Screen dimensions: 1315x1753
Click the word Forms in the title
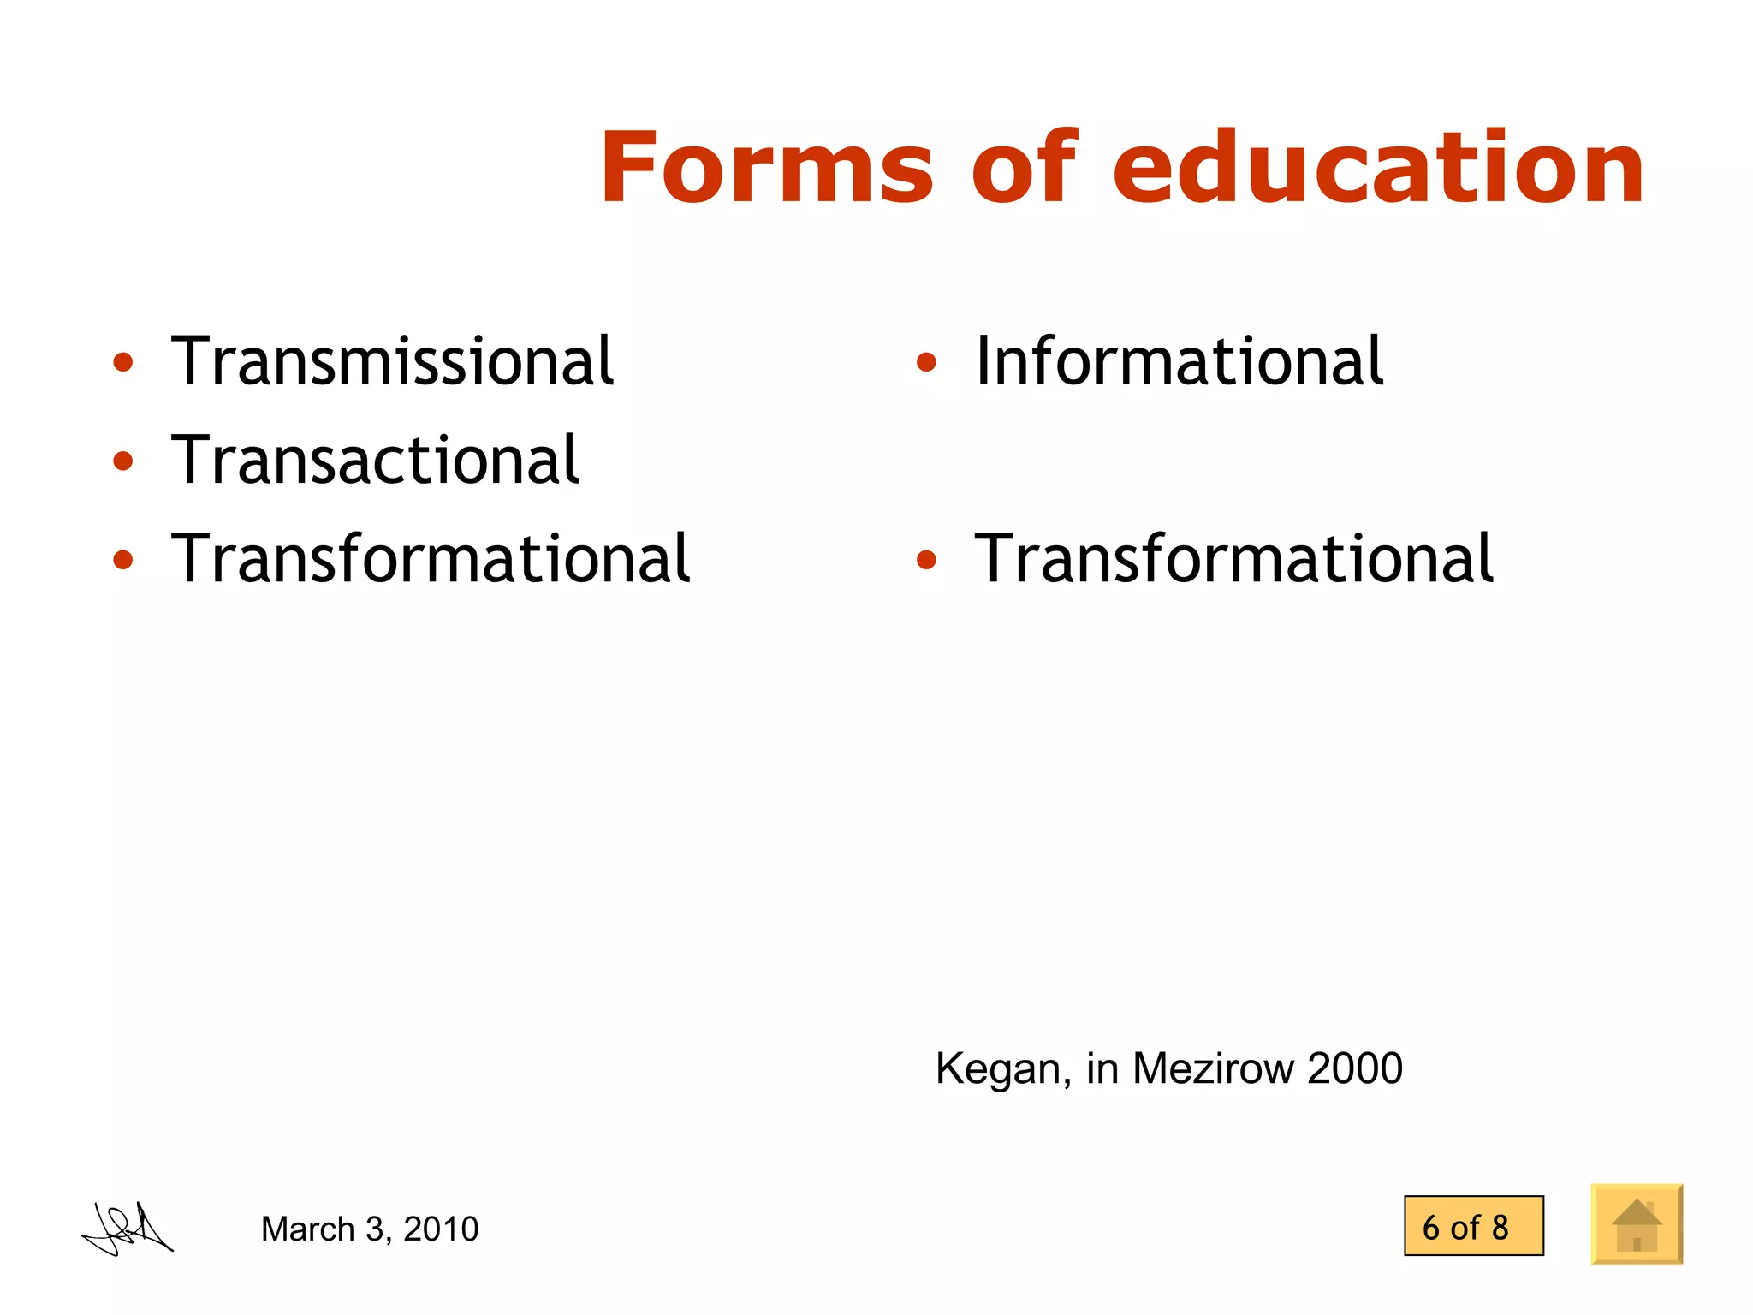click(x=766, y=168)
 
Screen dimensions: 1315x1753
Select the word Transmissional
click(x=392, y=361)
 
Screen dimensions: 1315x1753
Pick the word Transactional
click(x=375, y=460)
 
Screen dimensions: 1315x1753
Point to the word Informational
click(x=1179, y=361)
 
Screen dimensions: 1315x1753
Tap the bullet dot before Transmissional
click(x=123, y=363)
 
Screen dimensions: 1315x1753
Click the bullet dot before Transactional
click(x=123, y=461)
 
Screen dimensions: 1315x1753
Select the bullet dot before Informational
click(x=926, y=363)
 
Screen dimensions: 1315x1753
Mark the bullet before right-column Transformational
click(x=926, y=561)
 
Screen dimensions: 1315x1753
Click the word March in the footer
click(x=307, y=1229)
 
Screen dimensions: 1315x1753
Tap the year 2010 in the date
click(x=441, y=1229)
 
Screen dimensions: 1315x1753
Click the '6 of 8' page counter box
click(x=1473, y=1226)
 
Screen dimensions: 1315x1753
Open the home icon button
click(x=1637, y=1224)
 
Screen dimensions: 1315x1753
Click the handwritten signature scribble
click(x=128, y=1229)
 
